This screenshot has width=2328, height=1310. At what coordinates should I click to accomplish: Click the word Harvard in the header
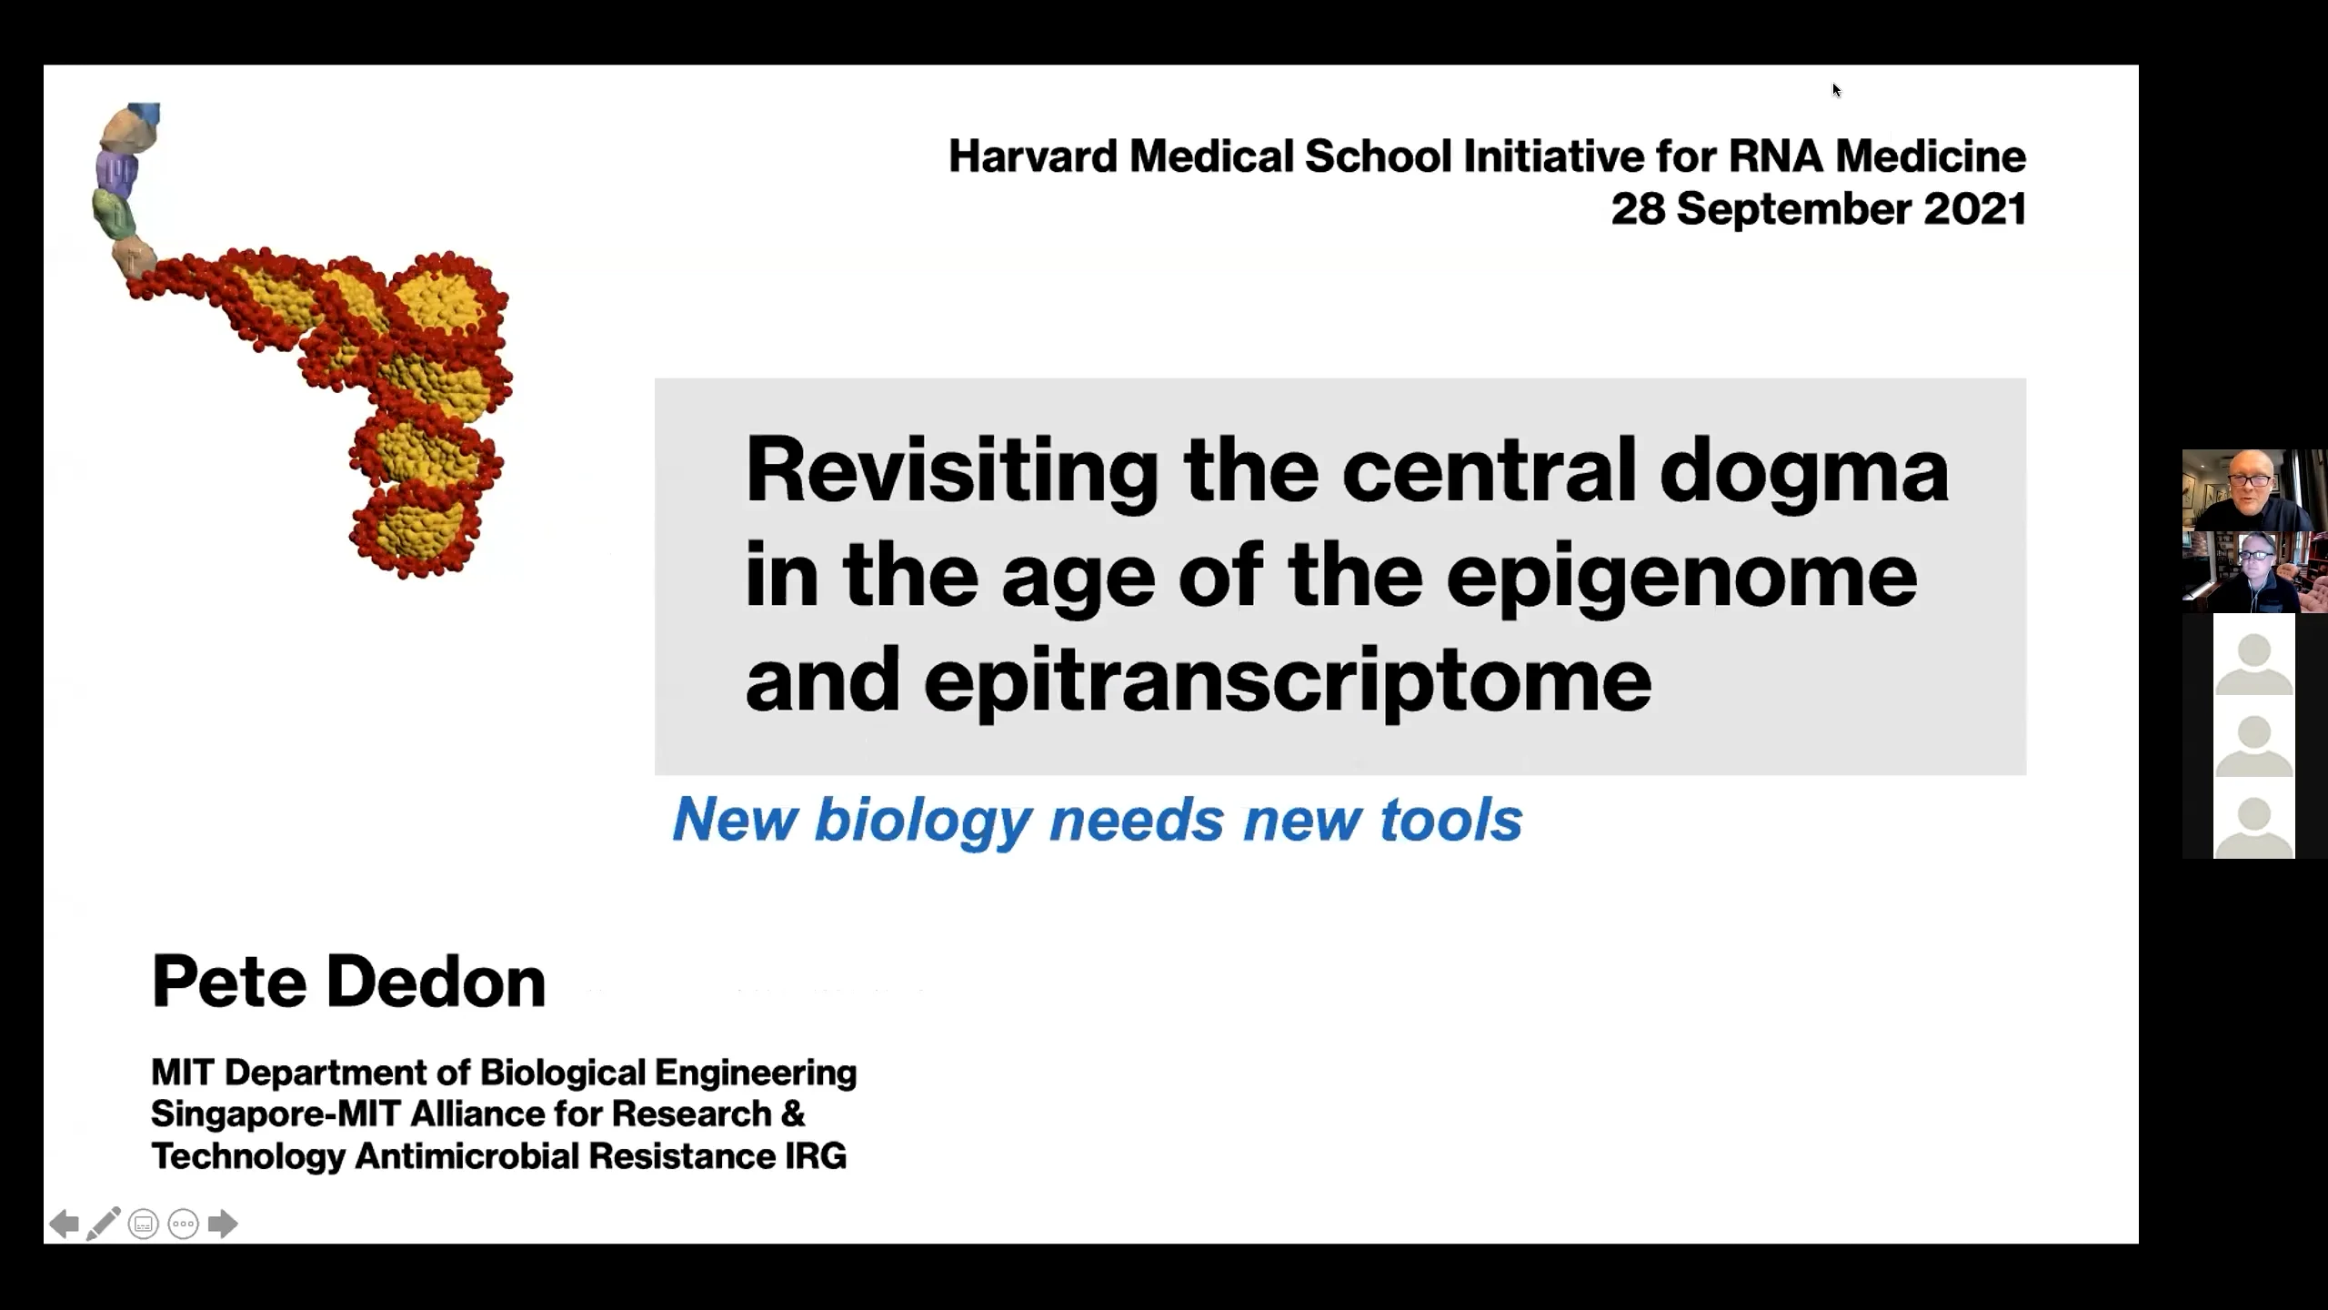(1032, 156)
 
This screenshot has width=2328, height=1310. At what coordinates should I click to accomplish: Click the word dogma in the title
(1804, 470)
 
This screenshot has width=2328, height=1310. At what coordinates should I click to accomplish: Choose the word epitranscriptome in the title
(1288, 680)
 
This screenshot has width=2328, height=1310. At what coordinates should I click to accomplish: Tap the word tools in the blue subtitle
(1450, 819)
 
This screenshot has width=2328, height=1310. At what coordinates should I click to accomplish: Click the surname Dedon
(436, 982)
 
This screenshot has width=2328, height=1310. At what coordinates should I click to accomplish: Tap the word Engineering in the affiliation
(756, 1073)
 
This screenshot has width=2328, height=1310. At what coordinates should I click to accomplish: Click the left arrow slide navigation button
(63, 1224)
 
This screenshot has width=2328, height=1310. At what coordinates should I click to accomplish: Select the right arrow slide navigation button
(223, 1224)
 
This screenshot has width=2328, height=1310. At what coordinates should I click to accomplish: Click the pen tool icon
(103, 1224)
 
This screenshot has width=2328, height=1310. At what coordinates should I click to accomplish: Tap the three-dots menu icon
(184, 1224)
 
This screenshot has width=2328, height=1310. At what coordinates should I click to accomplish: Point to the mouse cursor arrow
(1836, 89)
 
